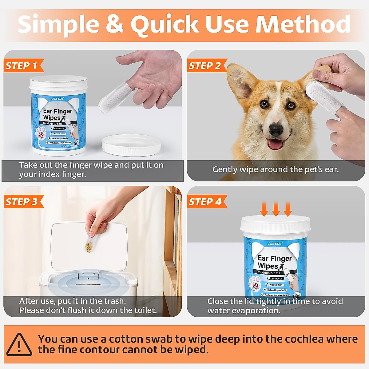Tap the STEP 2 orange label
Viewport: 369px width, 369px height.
click(205, 66)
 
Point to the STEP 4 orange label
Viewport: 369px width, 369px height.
click(205, 202)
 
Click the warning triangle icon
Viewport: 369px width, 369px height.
click(19, 345)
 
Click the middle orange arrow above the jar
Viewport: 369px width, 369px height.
click(276, 209)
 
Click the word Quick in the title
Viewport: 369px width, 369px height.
click(165, 25)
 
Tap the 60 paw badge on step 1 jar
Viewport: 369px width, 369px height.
click(41, 135)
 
